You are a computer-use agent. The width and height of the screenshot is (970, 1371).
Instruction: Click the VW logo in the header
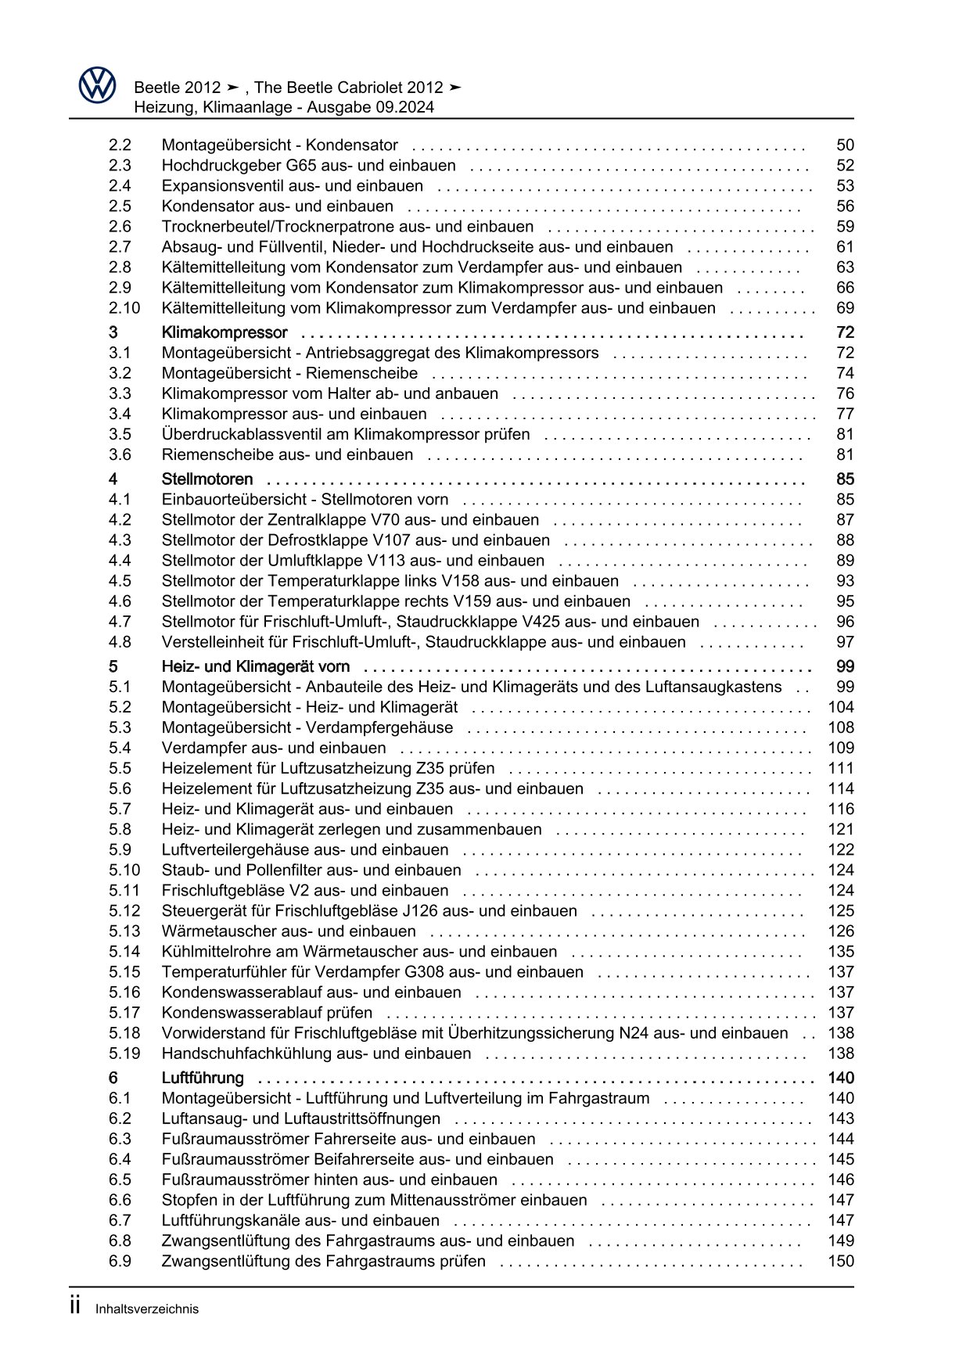97,85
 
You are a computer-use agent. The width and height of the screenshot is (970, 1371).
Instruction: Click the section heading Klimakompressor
225,332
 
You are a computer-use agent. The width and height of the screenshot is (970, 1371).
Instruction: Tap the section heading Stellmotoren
207,479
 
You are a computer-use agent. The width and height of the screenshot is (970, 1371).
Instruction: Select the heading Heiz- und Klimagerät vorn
256,666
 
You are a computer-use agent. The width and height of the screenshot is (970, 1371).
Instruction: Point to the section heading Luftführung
203,1078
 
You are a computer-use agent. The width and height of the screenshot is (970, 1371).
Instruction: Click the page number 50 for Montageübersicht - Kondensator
845,145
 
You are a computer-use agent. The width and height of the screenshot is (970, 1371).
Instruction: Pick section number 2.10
124,308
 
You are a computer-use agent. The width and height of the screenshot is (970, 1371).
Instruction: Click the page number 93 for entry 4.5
845,580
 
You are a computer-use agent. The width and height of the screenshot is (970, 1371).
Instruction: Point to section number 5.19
124,1053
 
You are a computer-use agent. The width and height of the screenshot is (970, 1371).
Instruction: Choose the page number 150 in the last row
841,1261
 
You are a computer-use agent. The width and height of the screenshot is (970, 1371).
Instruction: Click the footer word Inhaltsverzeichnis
147,1309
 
